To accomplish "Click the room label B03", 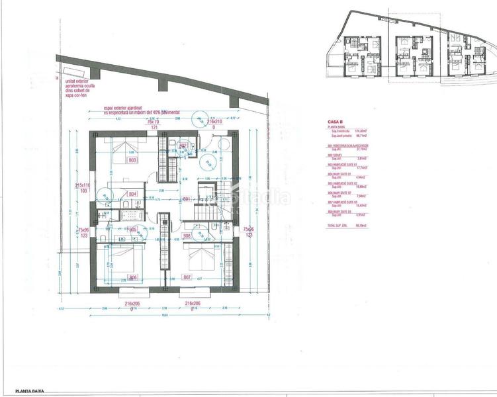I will coord(132,160).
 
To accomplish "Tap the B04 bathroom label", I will coord(132,194).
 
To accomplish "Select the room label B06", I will coord(132,277).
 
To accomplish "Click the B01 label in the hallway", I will coord(187,198).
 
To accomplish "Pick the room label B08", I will coord(187,235).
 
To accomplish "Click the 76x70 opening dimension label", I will coord(154,122).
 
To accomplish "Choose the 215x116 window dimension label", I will coord(83,185).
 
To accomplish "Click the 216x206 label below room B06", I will coord(133,303).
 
